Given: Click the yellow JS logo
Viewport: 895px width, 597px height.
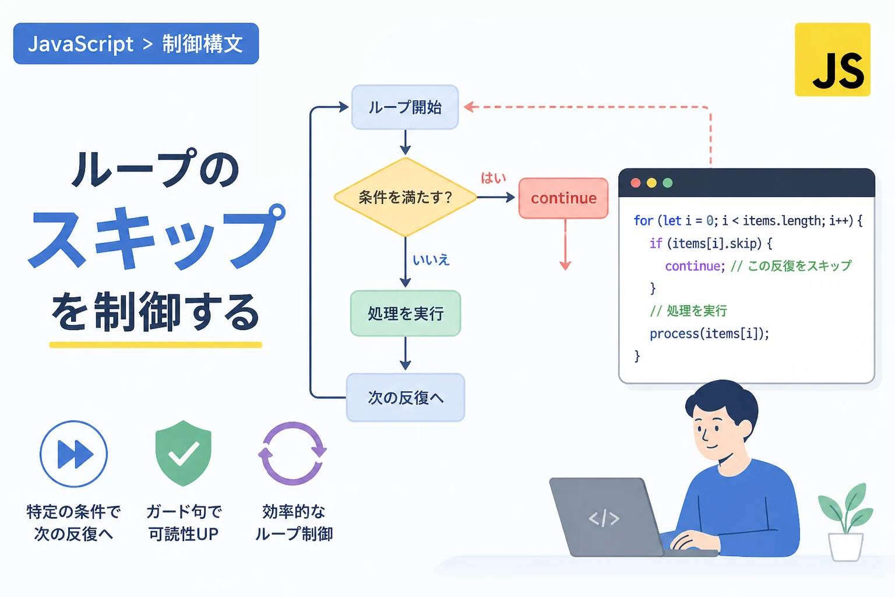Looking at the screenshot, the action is click(833, 59).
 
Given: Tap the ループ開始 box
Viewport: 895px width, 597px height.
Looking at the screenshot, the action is click(405, 107).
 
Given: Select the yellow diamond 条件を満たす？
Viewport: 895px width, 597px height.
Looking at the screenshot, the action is click(405, 197).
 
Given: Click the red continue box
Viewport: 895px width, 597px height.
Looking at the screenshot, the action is click(563, 198).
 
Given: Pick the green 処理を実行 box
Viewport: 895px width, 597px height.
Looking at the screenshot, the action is click(406, 313).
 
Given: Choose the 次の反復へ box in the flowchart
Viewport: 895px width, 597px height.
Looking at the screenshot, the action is click(406, 398).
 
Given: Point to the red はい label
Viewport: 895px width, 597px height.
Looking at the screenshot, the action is click(494, 178).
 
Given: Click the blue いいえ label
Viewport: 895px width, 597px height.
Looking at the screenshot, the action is click(431, 260).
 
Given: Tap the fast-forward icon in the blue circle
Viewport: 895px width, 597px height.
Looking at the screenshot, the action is click(74, 454).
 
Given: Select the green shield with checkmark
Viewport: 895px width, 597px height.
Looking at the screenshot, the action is click(184, 453).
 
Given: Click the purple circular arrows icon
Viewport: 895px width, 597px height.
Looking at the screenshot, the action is click(293, 454).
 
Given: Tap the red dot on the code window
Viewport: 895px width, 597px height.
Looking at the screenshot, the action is click(635, 183).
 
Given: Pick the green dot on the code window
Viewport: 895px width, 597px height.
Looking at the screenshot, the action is click(667, 183).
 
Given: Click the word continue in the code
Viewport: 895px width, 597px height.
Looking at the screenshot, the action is click(693, 266).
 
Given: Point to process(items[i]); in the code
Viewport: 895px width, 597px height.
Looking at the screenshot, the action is click(709, 333).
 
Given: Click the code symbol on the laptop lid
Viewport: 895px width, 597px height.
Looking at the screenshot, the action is click(604, 519).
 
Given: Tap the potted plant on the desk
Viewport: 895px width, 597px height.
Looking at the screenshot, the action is click(845, 522).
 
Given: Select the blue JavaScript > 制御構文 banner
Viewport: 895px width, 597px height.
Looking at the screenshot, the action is click(136, 44).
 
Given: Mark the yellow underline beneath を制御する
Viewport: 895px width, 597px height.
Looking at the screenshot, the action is click(156, 345).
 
